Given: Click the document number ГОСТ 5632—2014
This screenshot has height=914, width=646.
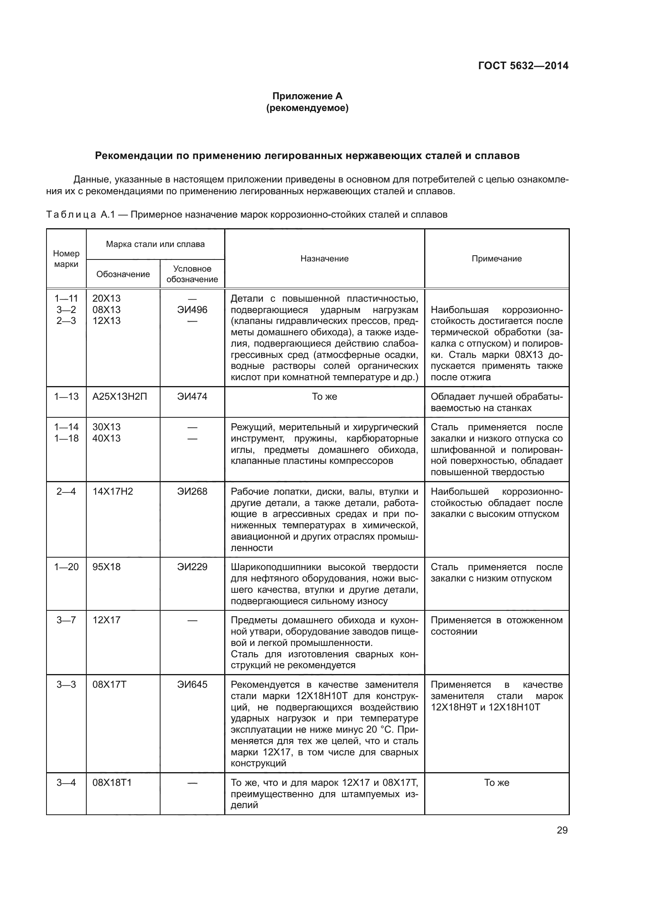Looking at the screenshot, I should pyautogui.click(x=523, y=66).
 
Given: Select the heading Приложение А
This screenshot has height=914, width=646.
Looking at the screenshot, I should pyautogui.click(x=307, y=96).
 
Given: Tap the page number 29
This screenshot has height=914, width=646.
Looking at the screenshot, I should pyautogui.click(x=562, y=830).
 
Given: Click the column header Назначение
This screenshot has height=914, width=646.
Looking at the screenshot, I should pyautogui.click(x=324, y=259).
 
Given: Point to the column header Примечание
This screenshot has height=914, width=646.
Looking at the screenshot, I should pyautogui.click(x=496, y=259).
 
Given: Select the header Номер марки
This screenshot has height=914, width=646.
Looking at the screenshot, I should pyautogui.click(x=66, y=259).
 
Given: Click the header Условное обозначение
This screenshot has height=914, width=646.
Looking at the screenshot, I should pyautogui.click(x=192, y=274).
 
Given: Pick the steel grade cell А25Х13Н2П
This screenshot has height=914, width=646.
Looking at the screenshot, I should pyautogui.click(x=120, y=397).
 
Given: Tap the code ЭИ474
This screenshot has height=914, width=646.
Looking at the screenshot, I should pyautogui.click(x=192, y=397).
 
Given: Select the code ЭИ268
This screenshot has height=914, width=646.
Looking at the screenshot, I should pyautogui.click(x=192, y=491).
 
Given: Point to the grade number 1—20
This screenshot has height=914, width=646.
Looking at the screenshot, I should pyautogui.click(x=66, y=567).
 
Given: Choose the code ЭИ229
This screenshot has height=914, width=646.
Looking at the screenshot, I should pyautogui.click(x=192, y=567).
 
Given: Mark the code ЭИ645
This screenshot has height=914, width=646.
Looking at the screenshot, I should pyautogui.click(x=192, y=685).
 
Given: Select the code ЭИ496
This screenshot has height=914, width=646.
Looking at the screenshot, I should pyautogui.click(x=192, y=310).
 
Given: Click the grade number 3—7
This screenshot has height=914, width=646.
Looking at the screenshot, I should pyautogui.click(x=66, y=620).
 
